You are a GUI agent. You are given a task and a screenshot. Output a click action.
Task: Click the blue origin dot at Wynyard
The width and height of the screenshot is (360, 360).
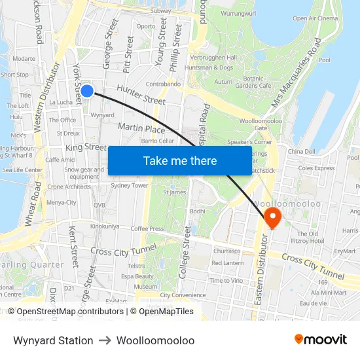click(x=86, y=91)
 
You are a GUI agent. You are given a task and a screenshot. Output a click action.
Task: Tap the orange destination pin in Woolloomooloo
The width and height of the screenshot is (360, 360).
click(x=271, y=217)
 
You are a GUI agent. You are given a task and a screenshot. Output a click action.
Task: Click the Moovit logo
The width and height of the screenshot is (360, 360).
click(x=321, y=340)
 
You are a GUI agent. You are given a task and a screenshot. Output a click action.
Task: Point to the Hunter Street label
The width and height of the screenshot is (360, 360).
click(x=141, y=95)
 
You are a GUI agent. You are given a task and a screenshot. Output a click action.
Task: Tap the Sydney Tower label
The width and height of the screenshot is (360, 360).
click(x=130, y=186)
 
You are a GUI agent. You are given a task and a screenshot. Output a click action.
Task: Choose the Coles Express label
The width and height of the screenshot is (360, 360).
click(x=315, y=168)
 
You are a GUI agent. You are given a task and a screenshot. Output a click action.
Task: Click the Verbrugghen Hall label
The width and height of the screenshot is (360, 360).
click(x=215, y=58)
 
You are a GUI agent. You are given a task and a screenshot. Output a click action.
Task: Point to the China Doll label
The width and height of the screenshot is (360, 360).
click(x=302, y=152)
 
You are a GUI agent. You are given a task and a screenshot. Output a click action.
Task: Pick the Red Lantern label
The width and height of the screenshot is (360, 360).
click(x=228, y=263)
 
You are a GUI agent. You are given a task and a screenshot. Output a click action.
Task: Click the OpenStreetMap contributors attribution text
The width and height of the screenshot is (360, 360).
click(x=70, y=312)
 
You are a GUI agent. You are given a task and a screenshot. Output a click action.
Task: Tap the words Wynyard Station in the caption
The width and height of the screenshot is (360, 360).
click(x=53, y=340)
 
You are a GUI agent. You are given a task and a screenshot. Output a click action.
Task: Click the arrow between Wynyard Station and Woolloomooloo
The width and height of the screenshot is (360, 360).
click(x=105, y=340)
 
